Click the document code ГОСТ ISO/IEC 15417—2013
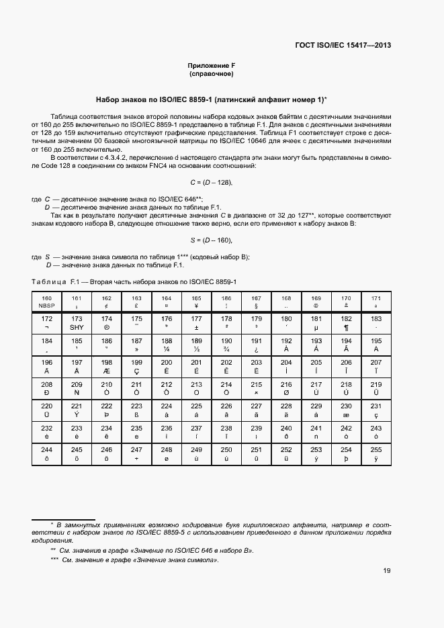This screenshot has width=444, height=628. tap(343, 45)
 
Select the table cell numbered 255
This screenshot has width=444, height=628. tap(375, 453)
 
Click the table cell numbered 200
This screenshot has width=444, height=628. tap(167, 366)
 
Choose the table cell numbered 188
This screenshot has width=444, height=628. tap(167, 345)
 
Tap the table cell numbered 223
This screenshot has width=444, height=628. tap(136, 410)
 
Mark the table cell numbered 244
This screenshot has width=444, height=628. tap(47, 453)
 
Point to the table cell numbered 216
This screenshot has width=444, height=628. tap(286, 388)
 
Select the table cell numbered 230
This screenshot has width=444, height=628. tap(346, 410)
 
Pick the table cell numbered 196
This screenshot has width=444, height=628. tap(47, 366)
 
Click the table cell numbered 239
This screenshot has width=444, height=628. tap(256, 432)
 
